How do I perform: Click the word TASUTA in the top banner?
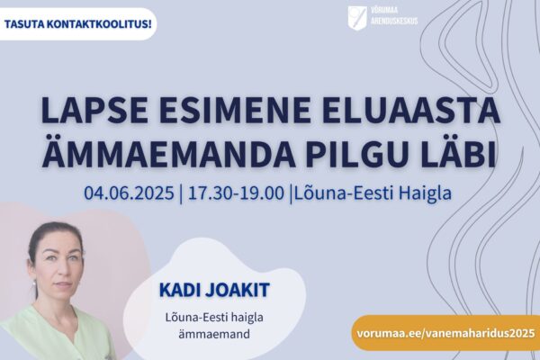pos(22,25)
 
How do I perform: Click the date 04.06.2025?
pos(129,193)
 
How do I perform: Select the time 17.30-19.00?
pos(236,193)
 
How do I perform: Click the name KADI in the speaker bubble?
pos(179,290)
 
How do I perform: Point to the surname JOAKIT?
pos(238,290)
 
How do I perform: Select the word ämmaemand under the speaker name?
pos(214,334)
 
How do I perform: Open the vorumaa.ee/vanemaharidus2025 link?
pos(446,333)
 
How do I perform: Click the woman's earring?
pos(34,283)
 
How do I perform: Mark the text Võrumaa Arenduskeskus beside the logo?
pos(394,16)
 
